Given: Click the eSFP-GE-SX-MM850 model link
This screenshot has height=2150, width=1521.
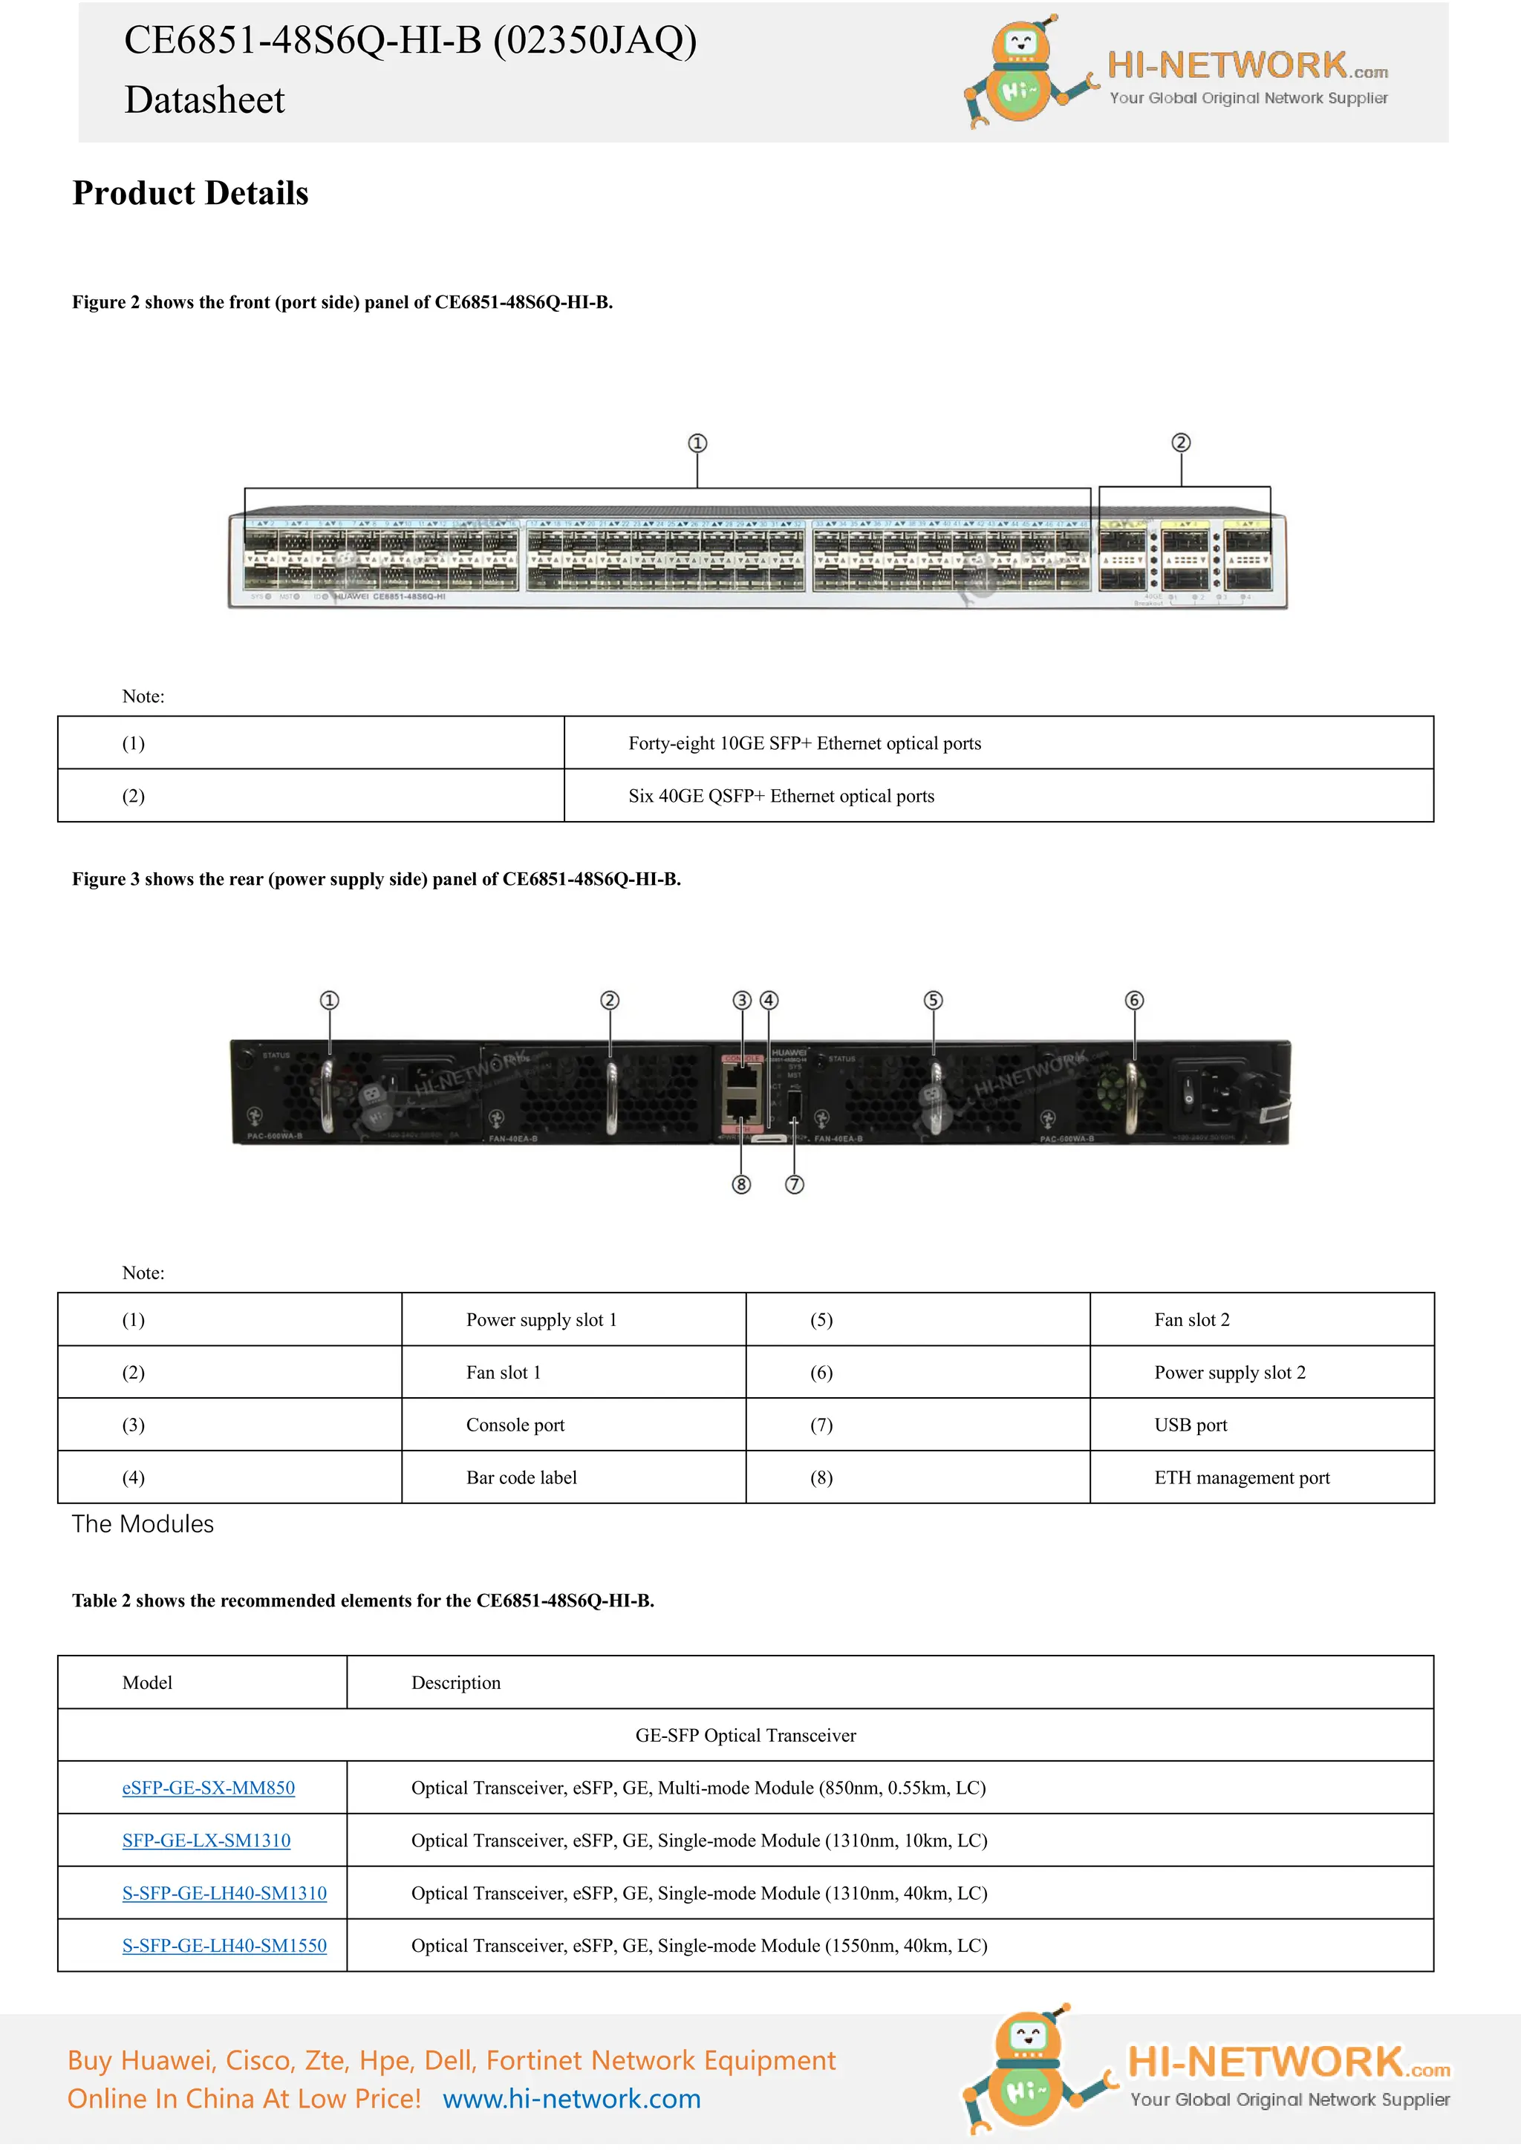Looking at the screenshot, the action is (x=208, y=1788).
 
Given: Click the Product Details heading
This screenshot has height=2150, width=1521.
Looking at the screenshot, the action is (x=190, y=193).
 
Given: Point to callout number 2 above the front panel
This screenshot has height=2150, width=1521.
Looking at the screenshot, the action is (x=1181, y=443).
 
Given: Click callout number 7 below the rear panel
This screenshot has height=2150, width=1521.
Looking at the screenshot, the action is (x=794, y=1185).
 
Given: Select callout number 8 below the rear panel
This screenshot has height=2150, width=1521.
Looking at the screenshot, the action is (x=741, y=1185).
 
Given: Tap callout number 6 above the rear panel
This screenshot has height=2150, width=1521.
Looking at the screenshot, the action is (x=1134, y=1000).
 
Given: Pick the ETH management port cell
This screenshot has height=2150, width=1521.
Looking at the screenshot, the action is (x=1241, y=1477).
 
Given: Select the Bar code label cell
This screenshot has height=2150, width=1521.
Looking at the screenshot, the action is (x=521, y=1477).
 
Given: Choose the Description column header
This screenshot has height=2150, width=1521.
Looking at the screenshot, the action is (x=456, y=1683).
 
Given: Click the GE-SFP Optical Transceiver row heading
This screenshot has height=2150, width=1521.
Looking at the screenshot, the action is (x=746, y=1735).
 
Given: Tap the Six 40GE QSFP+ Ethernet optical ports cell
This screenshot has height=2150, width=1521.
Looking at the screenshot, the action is (x=781, y=796).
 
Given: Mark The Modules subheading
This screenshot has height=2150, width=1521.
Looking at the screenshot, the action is (x=143, y=1523).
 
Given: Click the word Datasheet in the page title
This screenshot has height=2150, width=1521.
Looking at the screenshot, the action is (x=204, y=100).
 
